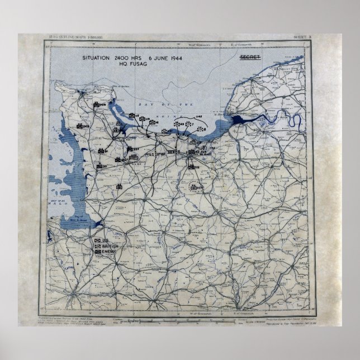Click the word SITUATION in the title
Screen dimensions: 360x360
[x=97, y=59]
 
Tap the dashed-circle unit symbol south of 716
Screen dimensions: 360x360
[x=195, y=187]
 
